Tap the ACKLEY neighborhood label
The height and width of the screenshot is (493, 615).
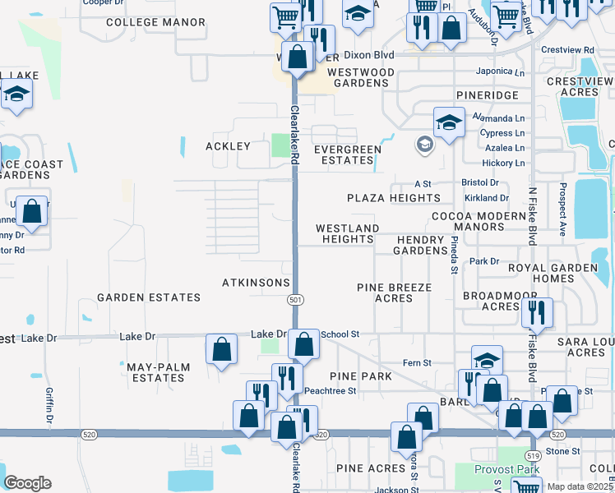click(x=228, y=146)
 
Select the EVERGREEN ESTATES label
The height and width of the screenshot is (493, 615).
click(x=348, y=154)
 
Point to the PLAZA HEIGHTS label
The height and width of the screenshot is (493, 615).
click(x=394, y=198)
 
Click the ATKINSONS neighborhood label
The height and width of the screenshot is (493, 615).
click(x=256, y=283)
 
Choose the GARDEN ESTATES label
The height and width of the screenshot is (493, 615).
click(x=149, y=297)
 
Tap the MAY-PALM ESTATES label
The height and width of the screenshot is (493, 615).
click(x=155, y=372)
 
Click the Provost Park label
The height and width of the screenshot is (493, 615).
click(x=507, y=469)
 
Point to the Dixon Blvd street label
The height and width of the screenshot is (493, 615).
click(x=369, y=55)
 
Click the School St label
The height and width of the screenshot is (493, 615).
click(x=340, y=334)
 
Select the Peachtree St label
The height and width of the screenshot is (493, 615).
click(x=330, y=391)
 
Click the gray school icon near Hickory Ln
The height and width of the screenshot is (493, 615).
click(x=424, y=145)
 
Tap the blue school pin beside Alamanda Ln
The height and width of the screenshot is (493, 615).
click(x=449, y=124)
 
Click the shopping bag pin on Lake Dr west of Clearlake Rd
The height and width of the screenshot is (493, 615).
click(x=222, y=349)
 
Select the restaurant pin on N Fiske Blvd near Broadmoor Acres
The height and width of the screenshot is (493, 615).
click(x=536, y=313)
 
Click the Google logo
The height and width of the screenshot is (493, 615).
click(x=28, y=483)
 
